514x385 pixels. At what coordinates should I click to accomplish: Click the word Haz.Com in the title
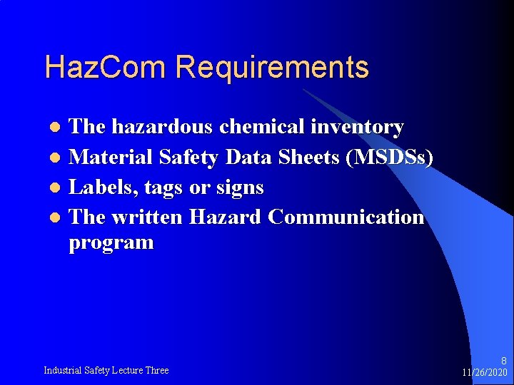106,68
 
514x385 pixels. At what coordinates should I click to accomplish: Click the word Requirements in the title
272,68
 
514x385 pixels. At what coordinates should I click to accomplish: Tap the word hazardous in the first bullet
163,127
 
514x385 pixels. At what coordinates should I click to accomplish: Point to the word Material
111,158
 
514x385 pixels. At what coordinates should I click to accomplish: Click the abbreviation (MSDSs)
388,158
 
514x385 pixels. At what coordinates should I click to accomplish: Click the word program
111,243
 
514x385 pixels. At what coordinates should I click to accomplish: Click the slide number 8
503,361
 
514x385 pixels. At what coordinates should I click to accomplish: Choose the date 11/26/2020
484,373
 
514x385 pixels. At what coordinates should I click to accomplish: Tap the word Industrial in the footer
61,370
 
